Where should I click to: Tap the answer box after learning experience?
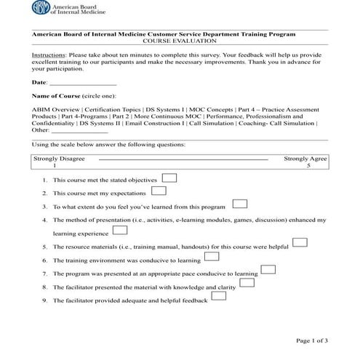(x=121, y=231)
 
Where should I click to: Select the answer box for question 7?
(x=268, y=270)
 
